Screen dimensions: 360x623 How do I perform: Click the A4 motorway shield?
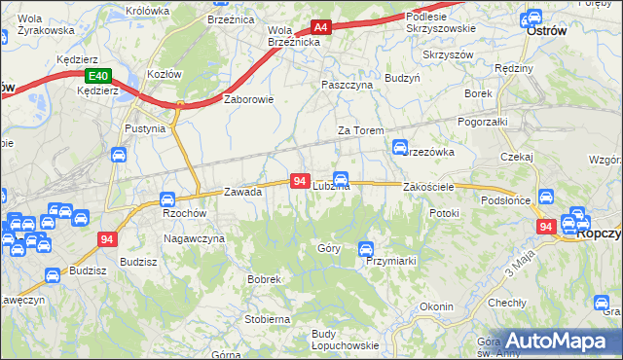320,28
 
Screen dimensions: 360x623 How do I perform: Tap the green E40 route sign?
97,76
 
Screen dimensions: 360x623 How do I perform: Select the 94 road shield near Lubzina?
300,182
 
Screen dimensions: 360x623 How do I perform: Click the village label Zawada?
243,192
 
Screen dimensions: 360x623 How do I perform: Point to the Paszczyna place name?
348,85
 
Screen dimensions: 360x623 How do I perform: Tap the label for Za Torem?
360,130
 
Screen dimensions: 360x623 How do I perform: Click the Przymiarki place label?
391,261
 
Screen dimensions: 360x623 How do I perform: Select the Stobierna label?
268,318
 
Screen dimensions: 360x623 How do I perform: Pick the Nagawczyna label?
194,238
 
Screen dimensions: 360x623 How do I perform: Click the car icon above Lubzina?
341,178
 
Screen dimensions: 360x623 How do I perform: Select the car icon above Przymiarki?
366,248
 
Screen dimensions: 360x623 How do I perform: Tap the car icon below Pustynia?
119,155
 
